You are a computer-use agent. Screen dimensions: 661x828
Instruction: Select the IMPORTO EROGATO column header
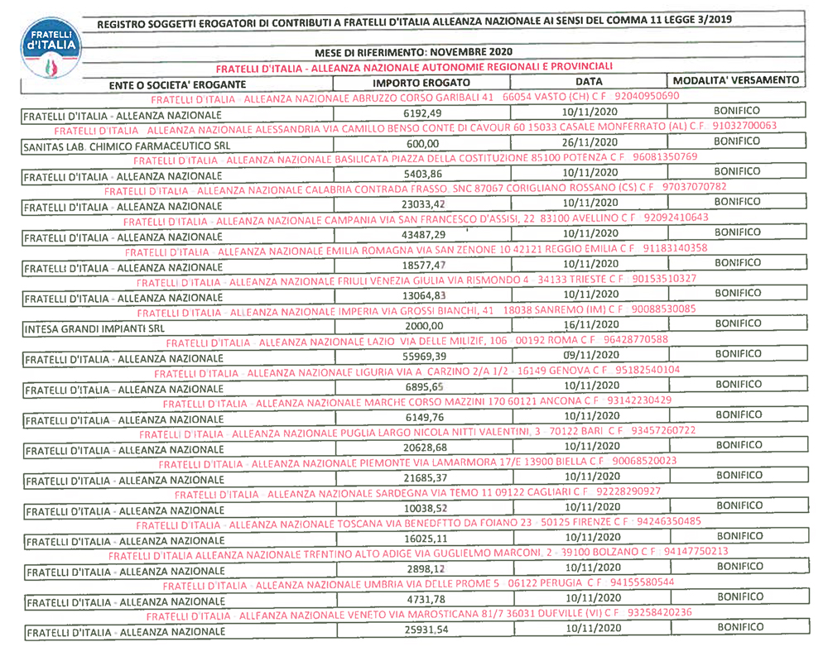(421, 84)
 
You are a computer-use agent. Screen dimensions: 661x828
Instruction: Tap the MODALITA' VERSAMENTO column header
(736, 80)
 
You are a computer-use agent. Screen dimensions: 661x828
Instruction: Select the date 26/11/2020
(590, 141)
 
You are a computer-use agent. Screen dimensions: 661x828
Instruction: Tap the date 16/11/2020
(590, 325)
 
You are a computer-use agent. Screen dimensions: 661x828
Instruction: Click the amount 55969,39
(425, 357)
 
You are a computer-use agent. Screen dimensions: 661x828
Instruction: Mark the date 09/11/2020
(590, 354)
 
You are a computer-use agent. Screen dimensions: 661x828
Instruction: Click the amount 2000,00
(425, 327)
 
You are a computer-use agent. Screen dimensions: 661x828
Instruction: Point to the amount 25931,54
(425, 631)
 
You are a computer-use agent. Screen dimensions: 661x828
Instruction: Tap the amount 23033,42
(425, 205)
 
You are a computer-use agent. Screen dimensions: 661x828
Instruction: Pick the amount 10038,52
(425, 509)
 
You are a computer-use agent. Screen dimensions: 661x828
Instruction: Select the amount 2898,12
(425, 570)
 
